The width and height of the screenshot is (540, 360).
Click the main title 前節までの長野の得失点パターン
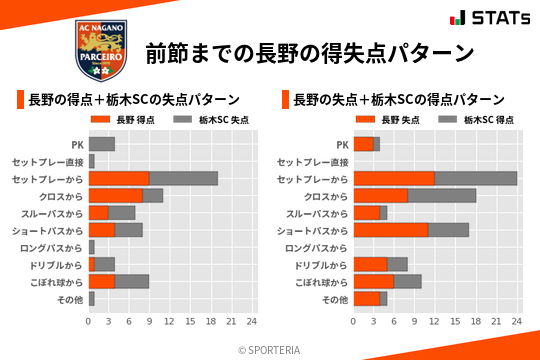coord(309,52)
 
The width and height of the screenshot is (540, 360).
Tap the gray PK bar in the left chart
coord(102,144)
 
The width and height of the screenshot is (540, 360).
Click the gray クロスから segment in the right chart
coord(442,196)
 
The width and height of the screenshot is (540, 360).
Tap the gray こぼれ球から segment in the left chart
coord(132,281)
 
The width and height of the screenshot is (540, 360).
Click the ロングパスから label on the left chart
coord(54,247)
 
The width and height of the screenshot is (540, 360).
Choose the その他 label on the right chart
coord(335,299)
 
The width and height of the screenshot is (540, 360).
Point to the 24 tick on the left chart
coord(252,322)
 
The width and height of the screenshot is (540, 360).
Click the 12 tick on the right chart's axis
coord(435,322)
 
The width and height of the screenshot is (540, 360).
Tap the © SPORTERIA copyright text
coord(270,350)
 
